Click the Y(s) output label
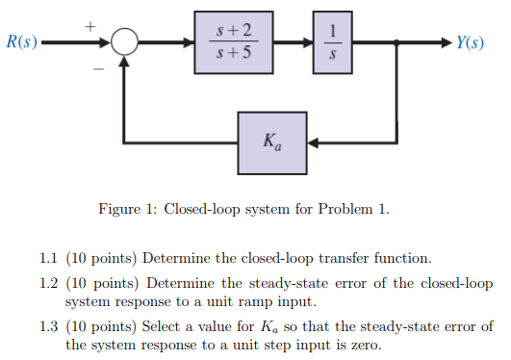pyautogui.click(x=472, y=42)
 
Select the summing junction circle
pyautogui.click(x=125, y=43)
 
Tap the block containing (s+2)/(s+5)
pyautogui.click(x=234, y=43)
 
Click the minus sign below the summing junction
pyautogui.click(x=97, y=69)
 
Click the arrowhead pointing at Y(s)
pyautogui.click(x=442, y=43)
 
